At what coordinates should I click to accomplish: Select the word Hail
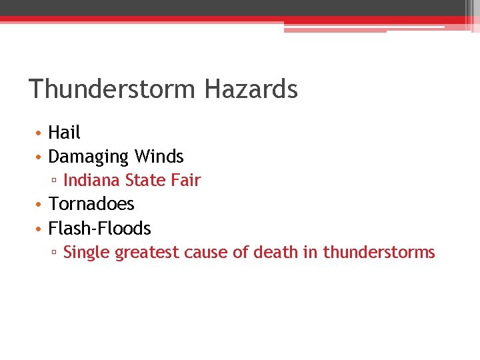point(64,133)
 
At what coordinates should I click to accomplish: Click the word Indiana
point(91,180)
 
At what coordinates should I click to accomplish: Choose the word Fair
point(185,180)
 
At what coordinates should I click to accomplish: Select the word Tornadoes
point(91,204)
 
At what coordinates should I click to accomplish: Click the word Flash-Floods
point(100,228)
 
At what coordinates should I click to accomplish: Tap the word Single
point(87,253)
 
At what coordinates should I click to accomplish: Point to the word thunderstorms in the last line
point(379,253)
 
